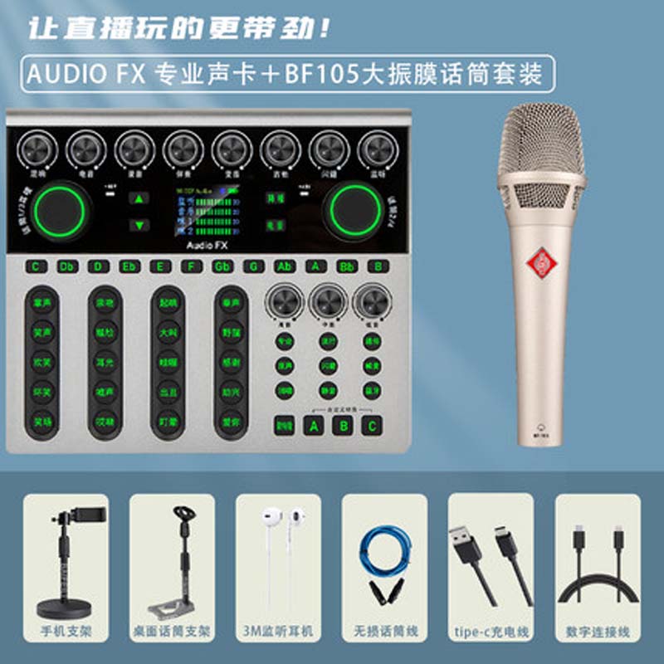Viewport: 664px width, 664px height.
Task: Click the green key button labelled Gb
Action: click(x=222, y=266)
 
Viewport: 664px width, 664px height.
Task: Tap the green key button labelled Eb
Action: click(x=129, y=266)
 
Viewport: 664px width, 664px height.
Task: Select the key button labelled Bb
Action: click(x=347, y=266)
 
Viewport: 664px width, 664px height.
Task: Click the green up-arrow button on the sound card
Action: click(x=139, y=199)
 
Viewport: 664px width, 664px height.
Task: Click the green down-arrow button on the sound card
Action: click(x=139, y=224)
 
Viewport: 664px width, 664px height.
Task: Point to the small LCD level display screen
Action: click(x=207, y=212)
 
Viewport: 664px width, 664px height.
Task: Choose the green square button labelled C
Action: click(x=373, y=427)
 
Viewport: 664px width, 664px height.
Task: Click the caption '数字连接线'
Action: click(x=598, y=632)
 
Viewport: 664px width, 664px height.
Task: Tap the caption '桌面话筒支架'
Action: click(x=171, y=632)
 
